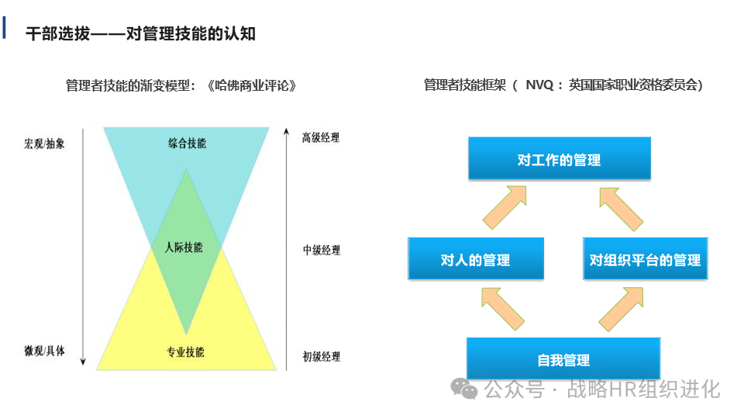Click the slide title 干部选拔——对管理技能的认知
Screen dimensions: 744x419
(140, 33)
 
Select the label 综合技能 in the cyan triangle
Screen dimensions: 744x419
(187, 143)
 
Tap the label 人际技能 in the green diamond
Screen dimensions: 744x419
(184, 248)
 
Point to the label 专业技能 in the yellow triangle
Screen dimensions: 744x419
(185, 352)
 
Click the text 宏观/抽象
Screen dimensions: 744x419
(44, 144)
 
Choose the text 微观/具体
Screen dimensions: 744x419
(44, 351)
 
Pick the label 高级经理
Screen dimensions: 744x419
(321, 138)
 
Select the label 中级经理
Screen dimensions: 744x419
(321, 250)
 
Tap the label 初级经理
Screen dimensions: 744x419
(321, 357)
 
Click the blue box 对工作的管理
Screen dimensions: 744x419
(559, 160)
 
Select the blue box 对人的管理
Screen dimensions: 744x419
(475, 259)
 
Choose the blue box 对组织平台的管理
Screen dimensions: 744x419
(645, 259)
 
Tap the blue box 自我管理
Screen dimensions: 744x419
(563, 359)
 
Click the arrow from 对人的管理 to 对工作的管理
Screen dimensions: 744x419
(503, 206)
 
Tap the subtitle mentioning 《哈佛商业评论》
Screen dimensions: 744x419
(182, 85)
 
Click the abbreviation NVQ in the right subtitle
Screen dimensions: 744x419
(539, 85)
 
